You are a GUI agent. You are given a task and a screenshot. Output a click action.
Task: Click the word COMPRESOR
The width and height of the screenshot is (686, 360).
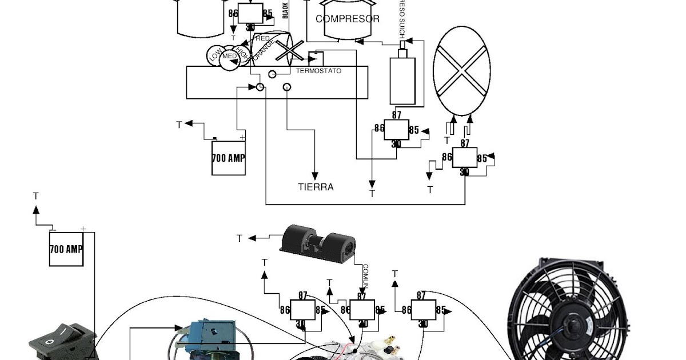pos(347,19)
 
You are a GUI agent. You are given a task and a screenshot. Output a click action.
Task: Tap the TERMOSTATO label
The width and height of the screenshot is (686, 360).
pos(318,71)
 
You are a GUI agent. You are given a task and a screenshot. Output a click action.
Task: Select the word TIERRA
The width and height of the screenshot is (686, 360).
pos(316,187)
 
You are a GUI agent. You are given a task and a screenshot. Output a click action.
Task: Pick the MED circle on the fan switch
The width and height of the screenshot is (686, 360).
pos(230,56)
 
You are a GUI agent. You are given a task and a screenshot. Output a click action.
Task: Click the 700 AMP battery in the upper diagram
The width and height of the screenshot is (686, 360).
pos(229,157)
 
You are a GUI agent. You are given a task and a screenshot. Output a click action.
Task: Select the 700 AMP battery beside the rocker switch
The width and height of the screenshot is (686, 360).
pos(66,249)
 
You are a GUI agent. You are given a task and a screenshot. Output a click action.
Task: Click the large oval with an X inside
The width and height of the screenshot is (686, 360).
pos(462,71)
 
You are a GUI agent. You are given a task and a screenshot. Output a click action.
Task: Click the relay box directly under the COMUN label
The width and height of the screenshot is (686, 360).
pos(362,310)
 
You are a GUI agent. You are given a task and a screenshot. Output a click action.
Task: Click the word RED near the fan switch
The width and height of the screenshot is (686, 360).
pos(262,38)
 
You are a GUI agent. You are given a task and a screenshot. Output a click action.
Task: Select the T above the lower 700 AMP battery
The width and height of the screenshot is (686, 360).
pos(36,196)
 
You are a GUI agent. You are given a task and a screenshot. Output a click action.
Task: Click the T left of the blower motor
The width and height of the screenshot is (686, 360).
pos(240,238)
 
